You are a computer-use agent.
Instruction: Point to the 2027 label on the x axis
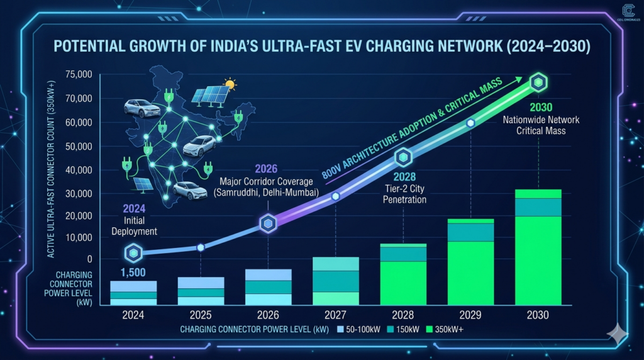pos(335,315)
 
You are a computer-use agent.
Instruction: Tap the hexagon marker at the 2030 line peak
pos(538,82)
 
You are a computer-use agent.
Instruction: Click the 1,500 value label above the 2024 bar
pos(133,273)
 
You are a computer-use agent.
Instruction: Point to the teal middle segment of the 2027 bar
pos(335,281)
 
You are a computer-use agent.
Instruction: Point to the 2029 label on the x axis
pos(470,315)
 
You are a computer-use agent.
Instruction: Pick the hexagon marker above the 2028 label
pos(403,157)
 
